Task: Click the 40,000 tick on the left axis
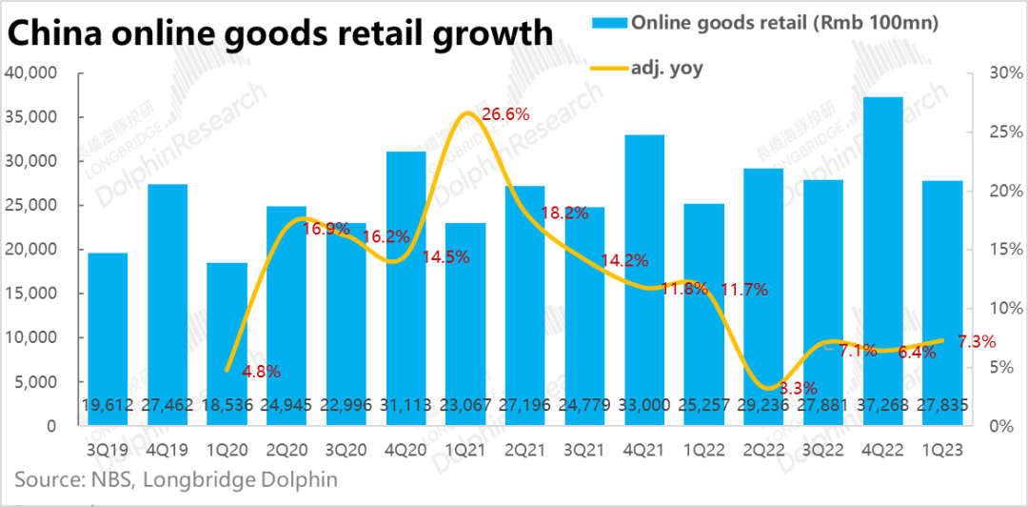[31, 73]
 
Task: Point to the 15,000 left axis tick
[31, 294]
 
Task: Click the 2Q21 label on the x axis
[525, 449]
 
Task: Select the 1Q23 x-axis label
[943, 449]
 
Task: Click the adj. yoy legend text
[667, 68]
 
